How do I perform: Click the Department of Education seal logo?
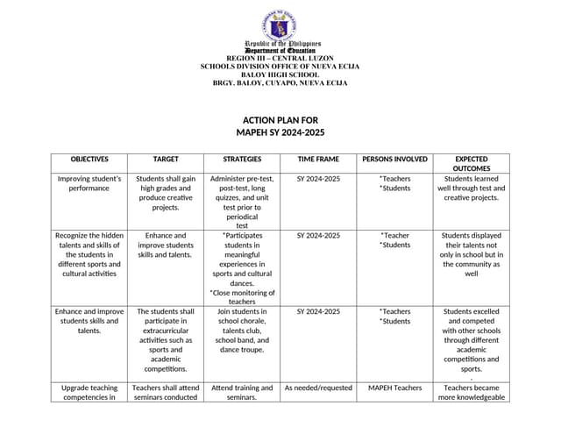280,24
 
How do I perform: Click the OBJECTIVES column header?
89,160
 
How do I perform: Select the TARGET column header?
166,160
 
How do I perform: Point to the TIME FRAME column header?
318,160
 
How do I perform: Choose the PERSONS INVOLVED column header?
394,160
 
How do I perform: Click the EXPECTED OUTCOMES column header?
472,164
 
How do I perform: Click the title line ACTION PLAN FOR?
280,120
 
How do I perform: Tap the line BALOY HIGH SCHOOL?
280,75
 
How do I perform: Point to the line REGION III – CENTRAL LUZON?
280,58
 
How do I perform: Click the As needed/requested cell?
318,388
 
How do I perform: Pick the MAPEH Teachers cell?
394,388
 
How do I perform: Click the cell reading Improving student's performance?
89,183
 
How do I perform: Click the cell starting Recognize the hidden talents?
89,254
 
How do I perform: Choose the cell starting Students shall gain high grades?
166,193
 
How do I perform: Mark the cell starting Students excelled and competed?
472,339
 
